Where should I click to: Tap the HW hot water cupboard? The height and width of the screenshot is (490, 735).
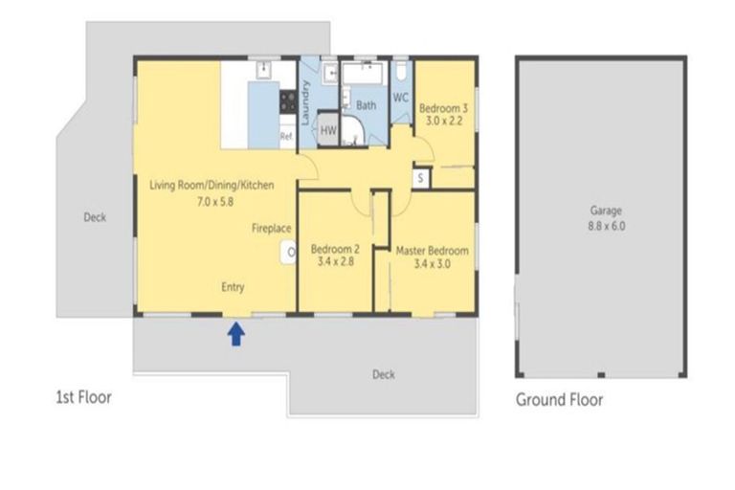tap(328, 129)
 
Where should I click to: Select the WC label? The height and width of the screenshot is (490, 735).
tap(400, 98)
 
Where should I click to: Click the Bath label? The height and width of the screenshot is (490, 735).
tap(367, 105)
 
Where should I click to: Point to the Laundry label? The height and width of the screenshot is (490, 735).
tap(305, 102)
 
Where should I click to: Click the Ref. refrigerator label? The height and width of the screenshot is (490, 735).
tap(286, 136)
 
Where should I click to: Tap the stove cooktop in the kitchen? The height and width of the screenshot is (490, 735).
tap(288, 101)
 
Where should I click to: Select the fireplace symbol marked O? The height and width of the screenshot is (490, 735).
tap(289, 253)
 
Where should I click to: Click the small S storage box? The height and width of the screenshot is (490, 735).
tap(420, 178)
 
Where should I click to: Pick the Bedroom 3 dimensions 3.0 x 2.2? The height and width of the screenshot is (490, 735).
tap(444, 121)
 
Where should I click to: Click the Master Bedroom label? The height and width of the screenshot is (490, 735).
tap(433, 251)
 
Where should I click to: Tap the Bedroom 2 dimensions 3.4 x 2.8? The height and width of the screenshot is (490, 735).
tap(336, 261)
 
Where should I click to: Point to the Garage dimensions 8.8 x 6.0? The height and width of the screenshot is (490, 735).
tap(607, 226)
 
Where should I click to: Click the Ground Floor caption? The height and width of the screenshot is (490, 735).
tap(559, 400)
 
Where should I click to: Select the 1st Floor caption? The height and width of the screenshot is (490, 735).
tap(84, 397)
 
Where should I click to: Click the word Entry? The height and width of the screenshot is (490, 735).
tap(233, 287)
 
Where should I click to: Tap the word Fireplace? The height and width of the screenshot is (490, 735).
tap(272, 229)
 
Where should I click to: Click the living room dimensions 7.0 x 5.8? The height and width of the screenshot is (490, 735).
tap(215, 202)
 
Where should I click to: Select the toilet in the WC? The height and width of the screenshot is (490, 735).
tap(401, 71)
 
